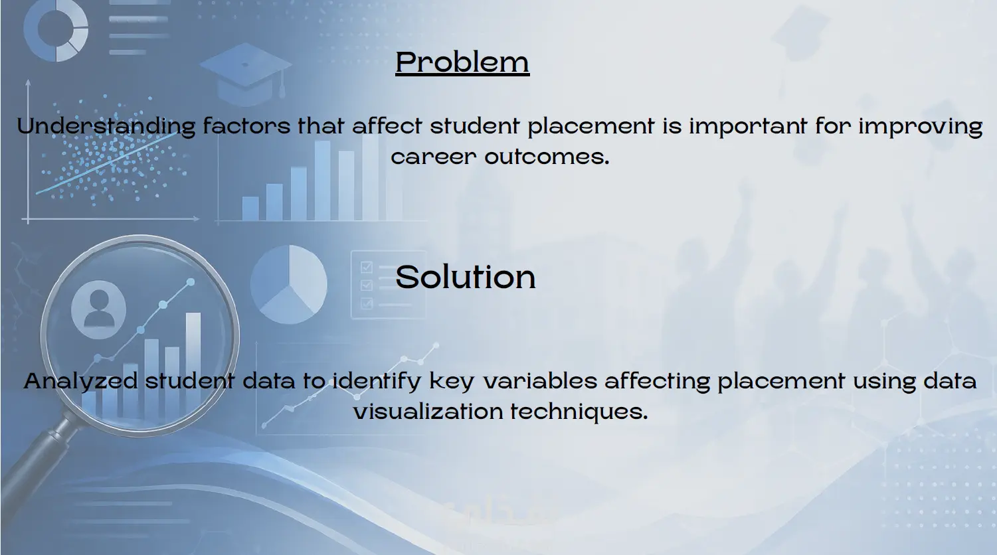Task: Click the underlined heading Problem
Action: pyautogui.click(x=462, y=62)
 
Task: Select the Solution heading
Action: pyautogui.click(x=466, y=277)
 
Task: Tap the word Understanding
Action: pyautogui.click(x=106, y=126)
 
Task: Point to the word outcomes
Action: pyautogui.click(x=547, y=157)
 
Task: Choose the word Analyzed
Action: pyautogui.click(x=80, y=382)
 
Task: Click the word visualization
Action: pyautogui.click(x=428, y=412)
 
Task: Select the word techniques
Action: pyautogui.click(x=579, y=412)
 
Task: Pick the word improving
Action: pyautogui.click(x=921, y=126)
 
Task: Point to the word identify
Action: pyautogui.click(x=377, y=382)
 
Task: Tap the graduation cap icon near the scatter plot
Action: pyautogui.click(x=246, y=74)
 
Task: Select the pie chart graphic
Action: pyautogui.click(x=288, y=284)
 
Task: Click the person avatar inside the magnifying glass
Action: pyautogui.click(x=98, y=309)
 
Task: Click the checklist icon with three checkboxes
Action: pyautogui.click(x=388, y=285)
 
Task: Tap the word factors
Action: pyautogui.click(x=246, y=126)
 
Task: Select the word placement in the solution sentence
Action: pyautogui.click(x=781, y=382)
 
